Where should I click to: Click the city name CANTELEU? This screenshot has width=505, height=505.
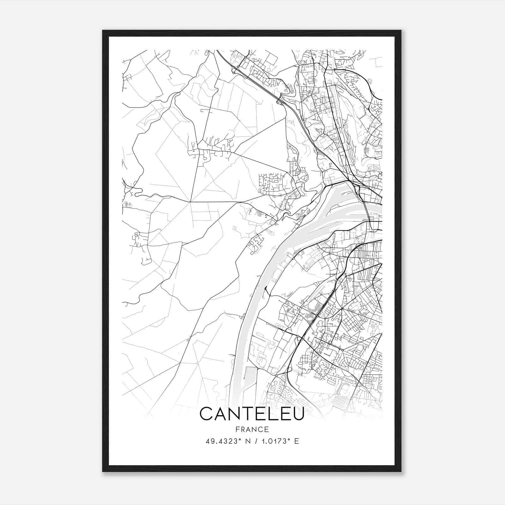click(252, 413)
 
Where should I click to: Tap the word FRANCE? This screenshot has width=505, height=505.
click(252, 429)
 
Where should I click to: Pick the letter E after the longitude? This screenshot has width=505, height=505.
click(296, 441)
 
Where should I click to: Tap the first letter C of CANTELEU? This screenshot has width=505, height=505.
click(206, 413)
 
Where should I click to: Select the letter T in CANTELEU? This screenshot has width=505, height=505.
click(247, 413)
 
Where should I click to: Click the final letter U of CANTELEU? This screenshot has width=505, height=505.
click(297, 413)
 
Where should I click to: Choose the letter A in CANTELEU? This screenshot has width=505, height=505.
click(220, 413)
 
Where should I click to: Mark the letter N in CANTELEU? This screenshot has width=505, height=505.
click(234, 413)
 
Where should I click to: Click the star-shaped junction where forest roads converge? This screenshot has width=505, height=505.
click(190, 201)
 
